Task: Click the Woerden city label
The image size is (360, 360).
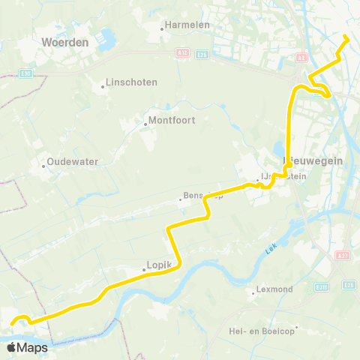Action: tap(65, 43)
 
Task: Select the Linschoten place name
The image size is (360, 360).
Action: tap(131, 82)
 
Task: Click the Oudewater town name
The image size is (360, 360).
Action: tap(73, 161)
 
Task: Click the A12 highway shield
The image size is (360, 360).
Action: tap(202, 54)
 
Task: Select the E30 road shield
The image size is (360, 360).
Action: tap(25, 73)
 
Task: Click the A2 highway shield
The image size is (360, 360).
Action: tap(301, 57)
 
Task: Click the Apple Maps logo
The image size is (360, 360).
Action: tap(27, 347)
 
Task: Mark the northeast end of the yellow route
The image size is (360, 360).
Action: tap(346, 37)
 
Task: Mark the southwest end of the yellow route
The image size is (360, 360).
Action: tap(13, 324)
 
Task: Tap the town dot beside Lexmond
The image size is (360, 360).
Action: tap(253, 292)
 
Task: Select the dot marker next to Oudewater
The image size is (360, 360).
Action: tap(43, 166)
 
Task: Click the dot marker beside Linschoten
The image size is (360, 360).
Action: tap(103, 86)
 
